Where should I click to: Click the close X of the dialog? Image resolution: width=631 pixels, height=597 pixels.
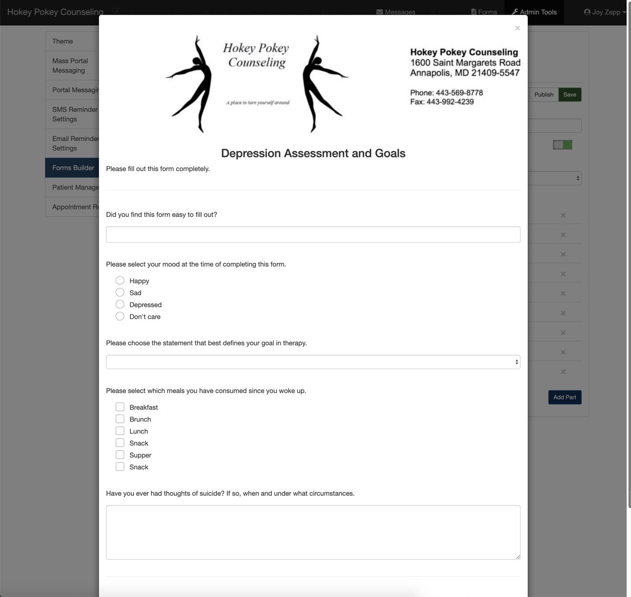517,28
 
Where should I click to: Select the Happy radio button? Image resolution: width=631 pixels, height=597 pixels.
120,280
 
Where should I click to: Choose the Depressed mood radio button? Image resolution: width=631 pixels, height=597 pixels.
120,304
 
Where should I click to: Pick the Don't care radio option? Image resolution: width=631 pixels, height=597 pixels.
120,316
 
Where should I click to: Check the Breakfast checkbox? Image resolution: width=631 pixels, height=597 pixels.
120,407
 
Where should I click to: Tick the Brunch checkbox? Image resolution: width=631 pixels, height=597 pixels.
120,419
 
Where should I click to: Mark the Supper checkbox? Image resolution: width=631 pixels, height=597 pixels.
120,455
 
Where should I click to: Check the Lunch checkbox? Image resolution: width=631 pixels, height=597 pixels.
120,431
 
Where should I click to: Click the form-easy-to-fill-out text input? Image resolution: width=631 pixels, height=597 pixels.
313,235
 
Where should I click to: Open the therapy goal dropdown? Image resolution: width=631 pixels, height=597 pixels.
313,362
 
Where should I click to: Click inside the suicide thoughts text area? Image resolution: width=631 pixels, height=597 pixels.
313,532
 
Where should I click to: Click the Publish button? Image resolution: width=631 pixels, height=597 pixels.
544,95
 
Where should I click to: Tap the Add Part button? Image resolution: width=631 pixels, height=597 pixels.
565,397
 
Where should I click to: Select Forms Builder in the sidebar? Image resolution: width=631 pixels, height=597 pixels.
73,168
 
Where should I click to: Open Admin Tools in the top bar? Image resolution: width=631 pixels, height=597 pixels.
534,12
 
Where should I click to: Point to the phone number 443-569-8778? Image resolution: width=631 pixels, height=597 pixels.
459,93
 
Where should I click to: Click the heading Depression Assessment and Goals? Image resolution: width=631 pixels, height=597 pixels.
313,153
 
